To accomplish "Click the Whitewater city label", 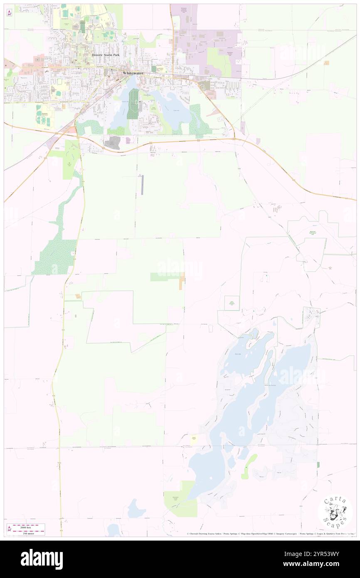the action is [x=134, y=73].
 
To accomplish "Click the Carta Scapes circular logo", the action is [x=335, y=511].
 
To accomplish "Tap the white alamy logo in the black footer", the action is [x=42, y=559].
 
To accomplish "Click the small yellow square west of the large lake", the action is [x=194, y=439].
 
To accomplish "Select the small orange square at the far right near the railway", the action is [x=327, y=63].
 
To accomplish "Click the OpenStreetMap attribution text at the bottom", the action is [x=262, y=534].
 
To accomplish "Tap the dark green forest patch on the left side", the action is [x=54, y=258].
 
